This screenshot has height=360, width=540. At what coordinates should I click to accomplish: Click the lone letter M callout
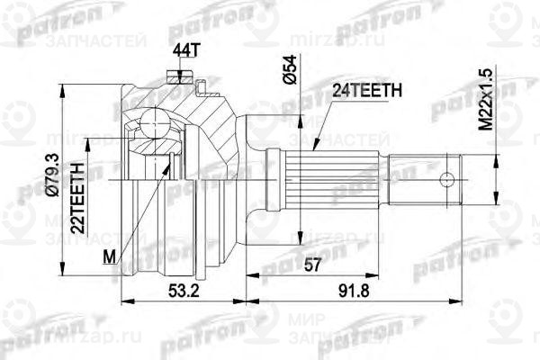coord(109,257)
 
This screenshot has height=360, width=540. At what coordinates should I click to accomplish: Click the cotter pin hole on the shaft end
coord(442,178)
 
